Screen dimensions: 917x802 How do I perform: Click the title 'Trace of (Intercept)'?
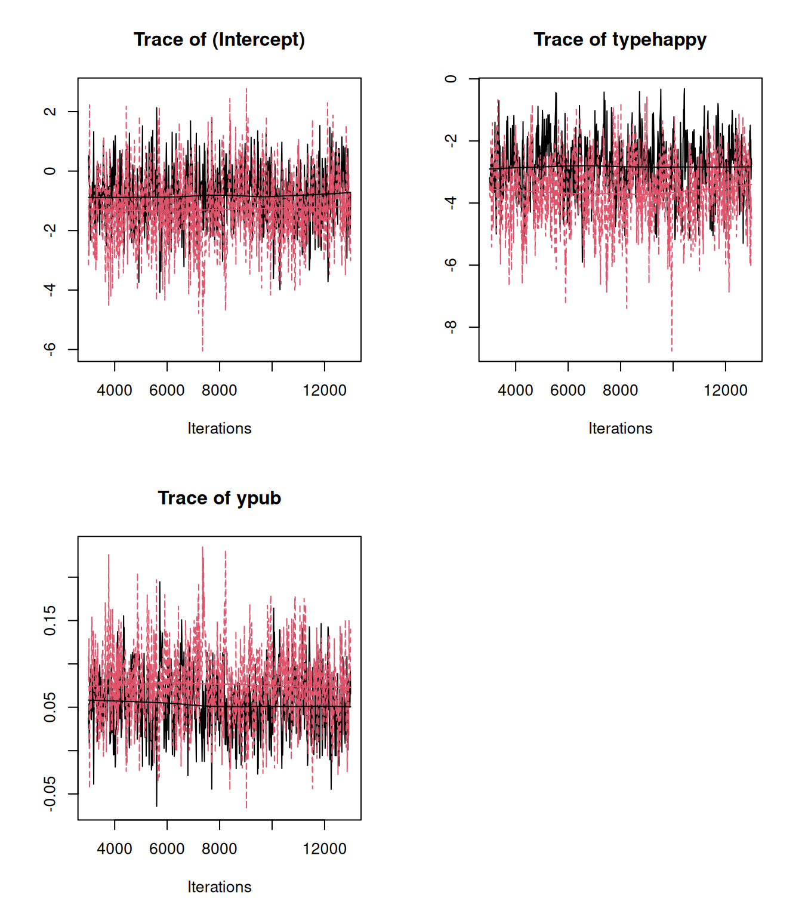pos(219,39)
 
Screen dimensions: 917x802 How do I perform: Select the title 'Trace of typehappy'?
pos(619,39)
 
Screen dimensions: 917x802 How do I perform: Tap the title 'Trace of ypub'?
pos(219,498)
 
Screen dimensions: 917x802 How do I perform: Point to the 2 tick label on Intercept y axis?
pos(50,112)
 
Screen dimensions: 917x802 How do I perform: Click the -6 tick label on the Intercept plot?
pos(50,349)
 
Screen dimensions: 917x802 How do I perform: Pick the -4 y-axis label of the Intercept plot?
pos(50,290)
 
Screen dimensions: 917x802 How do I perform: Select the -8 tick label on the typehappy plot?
pos(451,327)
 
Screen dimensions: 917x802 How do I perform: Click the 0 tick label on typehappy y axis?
pos(451,79)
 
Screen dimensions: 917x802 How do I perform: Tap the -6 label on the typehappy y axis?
pos(451,265)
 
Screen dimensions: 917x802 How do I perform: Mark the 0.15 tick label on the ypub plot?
pos(50,621)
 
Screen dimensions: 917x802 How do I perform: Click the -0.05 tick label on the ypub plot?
pos(50,794)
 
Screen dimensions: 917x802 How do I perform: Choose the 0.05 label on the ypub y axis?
pos(50,707)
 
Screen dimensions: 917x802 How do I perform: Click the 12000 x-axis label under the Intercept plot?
pos(325,390)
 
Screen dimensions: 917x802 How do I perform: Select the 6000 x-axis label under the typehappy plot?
pos(567,390)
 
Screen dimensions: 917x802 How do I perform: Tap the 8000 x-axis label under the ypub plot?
pos(219,849)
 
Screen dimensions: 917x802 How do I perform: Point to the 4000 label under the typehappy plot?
pos(516,390)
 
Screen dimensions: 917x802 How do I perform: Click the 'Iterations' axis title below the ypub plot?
pos(219,887)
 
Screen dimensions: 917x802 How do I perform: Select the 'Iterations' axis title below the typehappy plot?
pos(620,429)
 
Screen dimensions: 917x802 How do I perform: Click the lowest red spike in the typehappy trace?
pos(672,349)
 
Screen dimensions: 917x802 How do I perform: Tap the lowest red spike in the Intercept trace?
pos(203,349)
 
